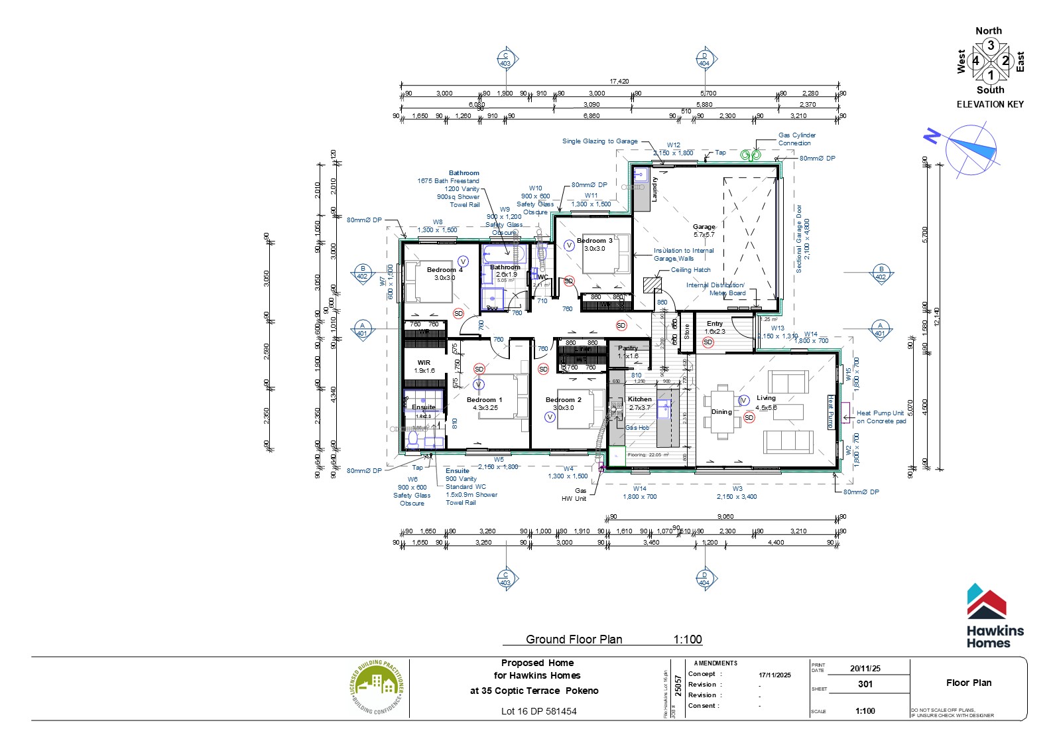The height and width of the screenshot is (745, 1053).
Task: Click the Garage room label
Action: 704,227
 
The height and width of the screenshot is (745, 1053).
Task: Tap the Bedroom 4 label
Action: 444,270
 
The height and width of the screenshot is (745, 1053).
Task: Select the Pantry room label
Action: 628,348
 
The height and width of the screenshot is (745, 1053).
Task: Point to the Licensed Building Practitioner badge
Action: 377,688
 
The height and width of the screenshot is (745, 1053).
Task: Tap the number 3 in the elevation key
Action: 991,46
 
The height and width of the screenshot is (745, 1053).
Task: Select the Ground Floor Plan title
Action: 574,640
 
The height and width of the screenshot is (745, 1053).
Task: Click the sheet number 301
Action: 865,684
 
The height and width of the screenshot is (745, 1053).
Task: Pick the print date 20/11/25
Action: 865,669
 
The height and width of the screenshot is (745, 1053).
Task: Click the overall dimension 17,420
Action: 619,82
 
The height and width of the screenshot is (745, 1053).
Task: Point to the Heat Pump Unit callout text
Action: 881,417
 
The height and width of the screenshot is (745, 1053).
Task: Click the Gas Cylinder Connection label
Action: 796,139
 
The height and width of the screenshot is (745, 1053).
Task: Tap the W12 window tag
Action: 673,145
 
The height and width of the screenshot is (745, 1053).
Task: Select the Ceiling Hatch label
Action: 690,270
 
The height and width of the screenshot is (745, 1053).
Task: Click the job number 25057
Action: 678,685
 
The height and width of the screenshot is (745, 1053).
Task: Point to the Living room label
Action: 766,398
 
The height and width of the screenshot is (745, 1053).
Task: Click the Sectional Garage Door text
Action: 799,239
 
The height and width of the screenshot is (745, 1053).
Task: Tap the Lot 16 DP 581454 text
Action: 538,711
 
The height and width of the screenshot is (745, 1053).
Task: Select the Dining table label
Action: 721,412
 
